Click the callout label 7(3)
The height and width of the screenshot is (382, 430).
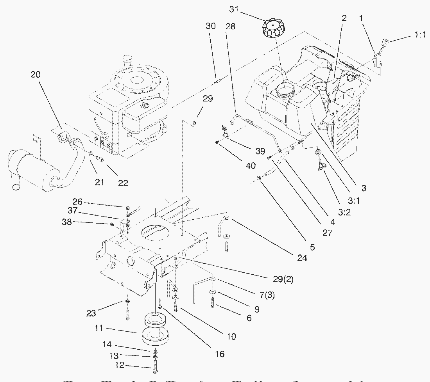(266, 295)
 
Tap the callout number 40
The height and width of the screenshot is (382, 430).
(251, 166)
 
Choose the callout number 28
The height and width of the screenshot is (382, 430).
(231, 27)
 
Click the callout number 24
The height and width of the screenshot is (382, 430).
(302, 258)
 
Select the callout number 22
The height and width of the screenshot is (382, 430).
(123, 183)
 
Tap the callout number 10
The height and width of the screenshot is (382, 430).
(231, 336)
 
